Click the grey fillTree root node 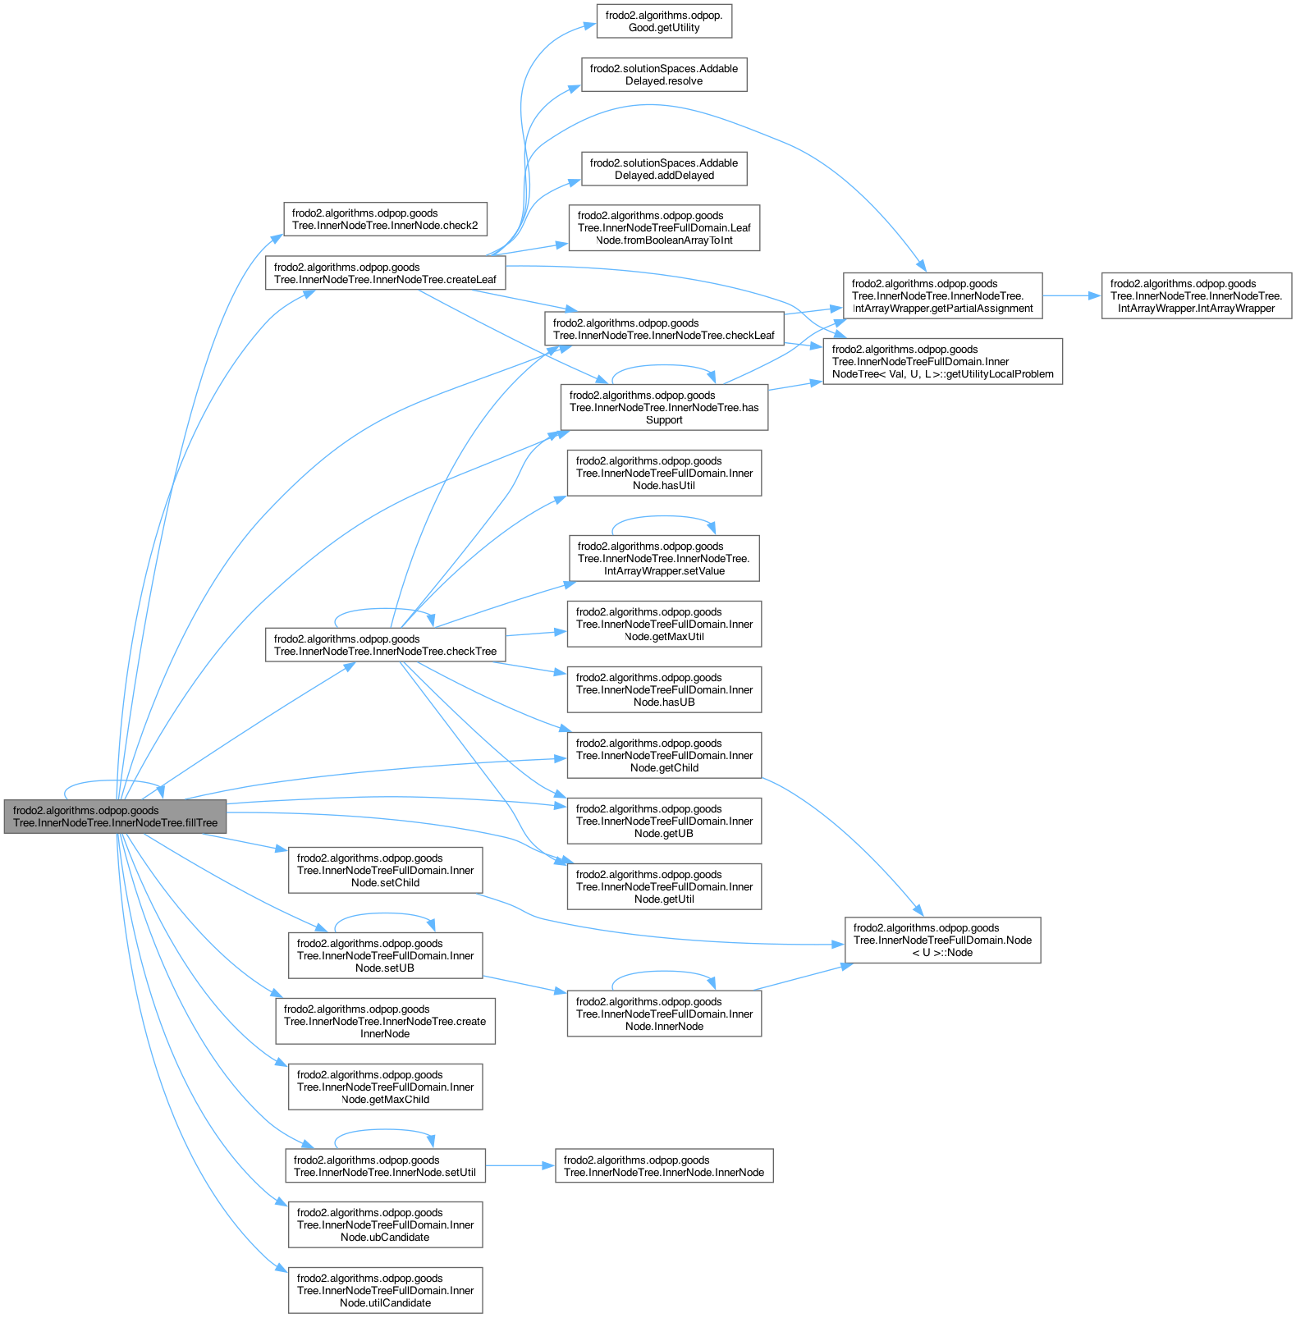(115, 816)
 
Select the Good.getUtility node (664, 21)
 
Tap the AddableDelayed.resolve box (664, 75)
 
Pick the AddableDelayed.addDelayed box (664, 169)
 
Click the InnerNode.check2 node (385, 219)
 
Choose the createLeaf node (385, 273)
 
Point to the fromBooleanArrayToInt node (664, 228)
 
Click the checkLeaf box (664, 329)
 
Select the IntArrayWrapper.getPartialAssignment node (942, 296)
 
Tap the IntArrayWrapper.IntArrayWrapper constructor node (1196, 296)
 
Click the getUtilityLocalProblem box (942, 362)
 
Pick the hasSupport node (664, 407)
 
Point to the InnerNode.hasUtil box (664, 473)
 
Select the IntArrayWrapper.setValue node (664, 558)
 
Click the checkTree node (385, 645)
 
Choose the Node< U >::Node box (942, 940)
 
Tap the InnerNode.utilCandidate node (385, 1290)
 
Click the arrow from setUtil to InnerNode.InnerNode (520, 1165)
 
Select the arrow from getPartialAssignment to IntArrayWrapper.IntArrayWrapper (1071, 295)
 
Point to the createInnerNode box (385, 1021)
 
